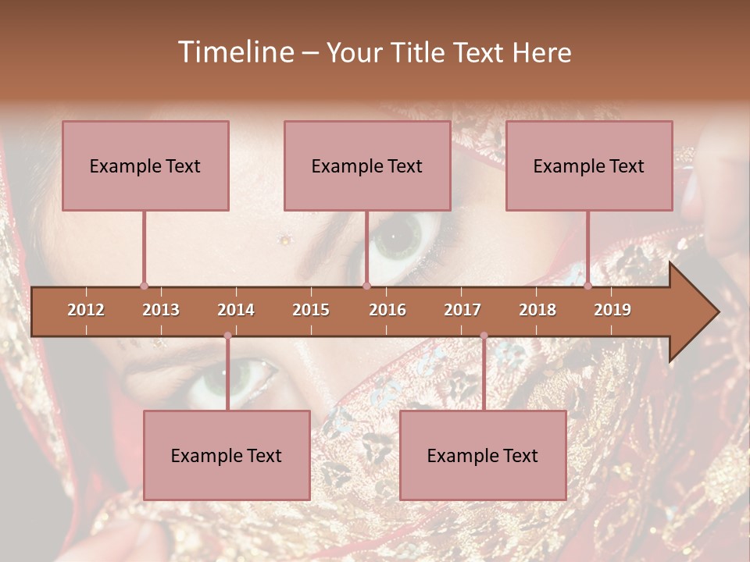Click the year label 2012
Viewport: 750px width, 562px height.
(x=86, y=310)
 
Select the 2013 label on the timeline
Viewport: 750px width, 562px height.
(x=161, y=310)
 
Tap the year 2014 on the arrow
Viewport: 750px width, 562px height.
(x=236, y=310)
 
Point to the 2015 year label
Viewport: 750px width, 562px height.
(x=311, y=310)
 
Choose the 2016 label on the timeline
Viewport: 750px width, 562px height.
(x=387, y=310)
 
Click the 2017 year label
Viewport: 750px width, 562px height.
(x=462, y=310)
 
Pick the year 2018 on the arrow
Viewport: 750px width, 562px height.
(x=537, y=310)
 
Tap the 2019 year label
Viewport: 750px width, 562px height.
(x=612, y=310)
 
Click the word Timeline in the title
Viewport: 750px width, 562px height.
(x=234, y=52)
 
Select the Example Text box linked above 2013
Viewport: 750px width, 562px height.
(x=145, y=165)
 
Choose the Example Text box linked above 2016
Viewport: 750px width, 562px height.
(x=367, y=165)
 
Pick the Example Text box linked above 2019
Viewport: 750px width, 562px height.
(x=589, y=165)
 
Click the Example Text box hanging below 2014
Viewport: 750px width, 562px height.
(x=227, y=455)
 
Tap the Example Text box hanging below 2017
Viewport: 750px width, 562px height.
(x=483, y=455)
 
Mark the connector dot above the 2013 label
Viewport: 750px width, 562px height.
(x=144, y=286)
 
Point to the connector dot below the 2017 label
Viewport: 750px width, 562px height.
(x=484, y=336)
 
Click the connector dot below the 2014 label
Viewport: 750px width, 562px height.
(x=227, y=336)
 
